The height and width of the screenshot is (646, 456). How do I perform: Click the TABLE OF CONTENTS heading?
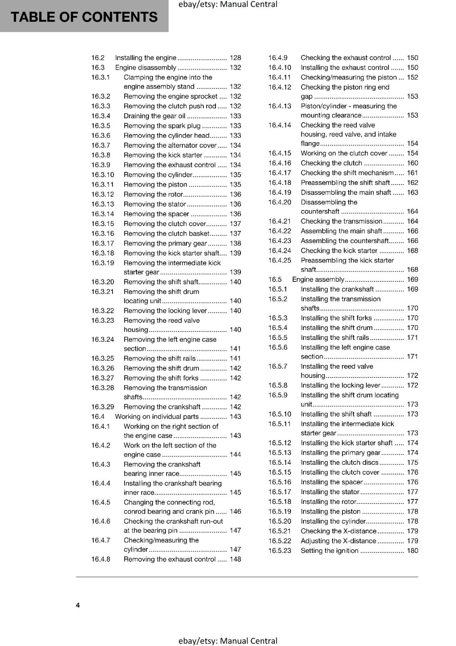(84, 17)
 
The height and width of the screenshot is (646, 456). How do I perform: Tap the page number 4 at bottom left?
(78, 605)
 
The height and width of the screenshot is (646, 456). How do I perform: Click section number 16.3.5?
(100, 126)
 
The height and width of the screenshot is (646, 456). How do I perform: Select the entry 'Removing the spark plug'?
(162, 126)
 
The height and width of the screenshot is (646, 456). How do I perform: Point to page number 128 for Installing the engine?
(235, 58)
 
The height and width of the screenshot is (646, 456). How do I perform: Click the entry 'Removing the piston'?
(155, 185)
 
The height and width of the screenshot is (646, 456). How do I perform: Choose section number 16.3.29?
(102, 407)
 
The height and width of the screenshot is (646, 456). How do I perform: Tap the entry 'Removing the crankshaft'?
(162, 407)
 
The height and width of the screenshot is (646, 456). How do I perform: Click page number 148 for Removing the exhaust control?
(235, 559)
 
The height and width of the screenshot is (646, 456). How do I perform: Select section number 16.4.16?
(280, 163)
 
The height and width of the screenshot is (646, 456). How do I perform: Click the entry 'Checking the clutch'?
(331, 163)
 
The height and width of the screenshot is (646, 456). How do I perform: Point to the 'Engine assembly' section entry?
(318, 279)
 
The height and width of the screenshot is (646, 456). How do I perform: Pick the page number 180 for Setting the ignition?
(412, 551)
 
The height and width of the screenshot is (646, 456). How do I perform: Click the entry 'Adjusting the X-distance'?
(338, 541)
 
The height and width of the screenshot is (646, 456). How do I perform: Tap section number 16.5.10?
(280, 414)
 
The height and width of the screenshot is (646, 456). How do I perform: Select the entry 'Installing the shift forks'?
(336, 318)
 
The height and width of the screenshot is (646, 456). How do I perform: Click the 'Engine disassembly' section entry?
(145, 67)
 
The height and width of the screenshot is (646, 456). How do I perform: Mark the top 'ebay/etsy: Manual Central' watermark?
(228, 4)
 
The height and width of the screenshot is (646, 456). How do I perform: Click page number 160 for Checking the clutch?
(412, 163)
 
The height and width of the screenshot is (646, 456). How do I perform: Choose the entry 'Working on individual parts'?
(157, 417)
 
